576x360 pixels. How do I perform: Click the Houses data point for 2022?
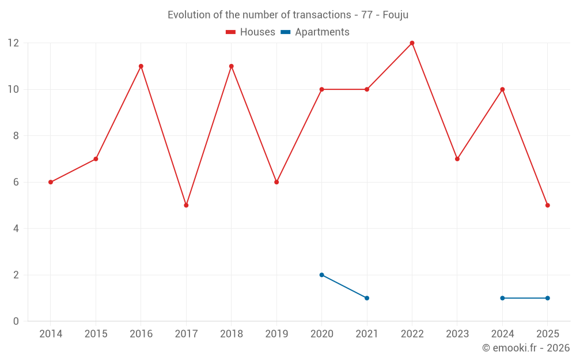(x=412, y=43)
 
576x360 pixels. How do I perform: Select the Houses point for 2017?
(x=186, y=205)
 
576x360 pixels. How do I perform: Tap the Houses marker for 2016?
(x=141, y=66)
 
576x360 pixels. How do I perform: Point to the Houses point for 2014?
(x=51, y=182)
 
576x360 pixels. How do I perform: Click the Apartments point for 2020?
(x=321, y=275)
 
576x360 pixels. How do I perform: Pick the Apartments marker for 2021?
(x=367, y=298)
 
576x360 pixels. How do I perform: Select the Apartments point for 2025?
(x=547, y=298)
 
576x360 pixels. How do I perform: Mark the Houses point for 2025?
(x=547, y=205)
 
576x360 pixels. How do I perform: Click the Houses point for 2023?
(x=457, y=159)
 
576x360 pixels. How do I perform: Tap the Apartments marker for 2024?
(x=502, y=298)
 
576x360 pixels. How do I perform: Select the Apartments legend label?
(x=322, y=32)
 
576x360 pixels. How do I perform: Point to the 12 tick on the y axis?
(x=13, y=43)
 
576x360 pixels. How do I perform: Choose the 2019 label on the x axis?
(x=276, y=334)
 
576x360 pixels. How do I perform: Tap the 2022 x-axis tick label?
(x=412, y=334)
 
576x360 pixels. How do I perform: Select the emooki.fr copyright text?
(x=526, y=348)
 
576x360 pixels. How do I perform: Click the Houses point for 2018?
(x=231, y=66)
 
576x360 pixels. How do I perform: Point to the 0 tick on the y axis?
(x=16, y=321)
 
